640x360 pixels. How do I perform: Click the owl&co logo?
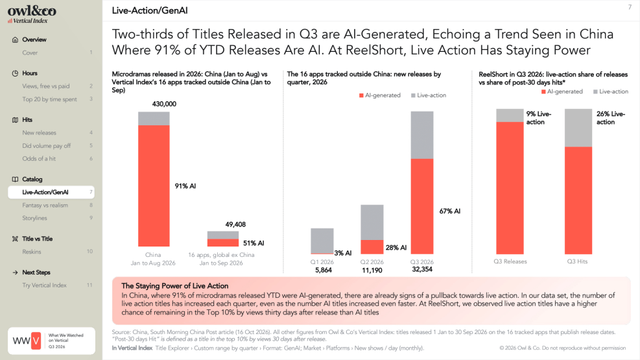[x=31, y=14]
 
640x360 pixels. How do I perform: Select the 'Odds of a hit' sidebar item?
[x=39, y=159]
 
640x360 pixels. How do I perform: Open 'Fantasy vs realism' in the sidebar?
[x=45, y=206]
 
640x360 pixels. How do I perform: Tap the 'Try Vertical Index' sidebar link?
[x=44, y=285]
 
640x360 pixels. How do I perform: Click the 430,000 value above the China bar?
[x=164, y=104]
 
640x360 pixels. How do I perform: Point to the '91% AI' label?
[x=185, y=186]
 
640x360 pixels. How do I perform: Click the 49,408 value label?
[x=235, y=224]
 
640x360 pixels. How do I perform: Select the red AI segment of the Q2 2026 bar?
[x=372, y=247]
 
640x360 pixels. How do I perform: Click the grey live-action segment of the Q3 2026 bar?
[x=422, y=135]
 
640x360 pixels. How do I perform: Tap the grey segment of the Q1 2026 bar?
[x=322, y=241]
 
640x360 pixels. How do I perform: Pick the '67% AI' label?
[x=450, y=211]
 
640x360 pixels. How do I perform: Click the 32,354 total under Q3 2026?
[x=422, y=269]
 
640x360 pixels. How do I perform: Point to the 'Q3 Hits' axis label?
[x=577, y=261]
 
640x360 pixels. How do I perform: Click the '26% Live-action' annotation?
[x=611, y=118]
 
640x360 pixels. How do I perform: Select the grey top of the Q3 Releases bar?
[x=510, y=115]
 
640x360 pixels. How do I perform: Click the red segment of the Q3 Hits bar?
[x=578, y=200]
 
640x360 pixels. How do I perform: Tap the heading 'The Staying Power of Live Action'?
[x=174, y=286]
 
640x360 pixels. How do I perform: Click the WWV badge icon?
[x=27, y=341]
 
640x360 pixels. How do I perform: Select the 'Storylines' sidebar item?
[x=35, y=219]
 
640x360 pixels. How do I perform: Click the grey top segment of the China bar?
[x=154, y=118]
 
